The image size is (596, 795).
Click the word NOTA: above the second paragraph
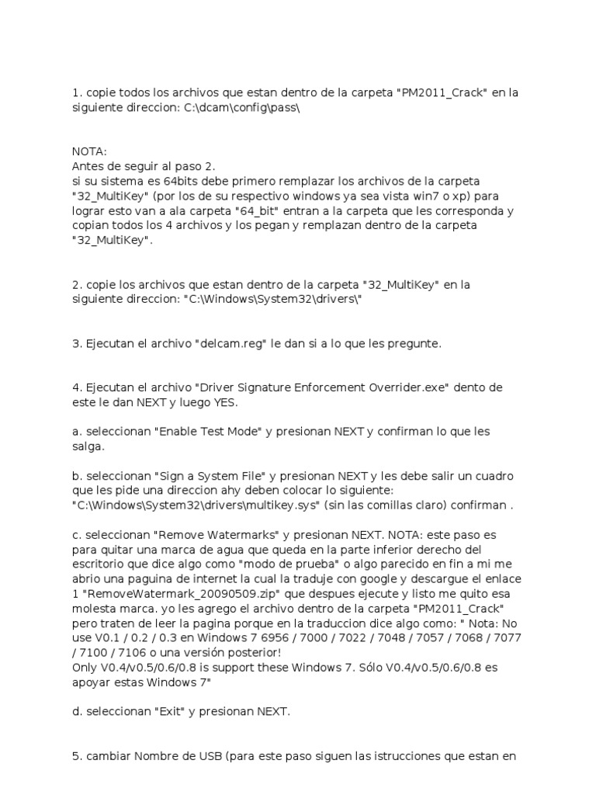[89, 151]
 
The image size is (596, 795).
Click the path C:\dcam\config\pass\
[241, 107]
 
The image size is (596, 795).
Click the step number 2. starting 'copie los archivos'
[77, 284]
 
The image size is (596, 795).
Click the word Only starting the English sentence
[85, 667]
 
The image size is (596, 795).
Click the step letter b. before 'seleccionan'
[77, 475]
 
